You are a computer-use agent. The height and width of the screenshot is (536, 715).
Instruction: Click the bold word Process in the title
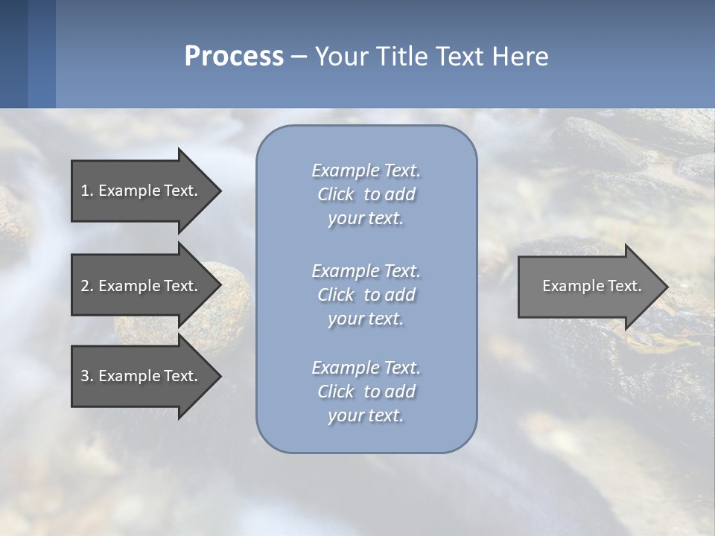[234, 57]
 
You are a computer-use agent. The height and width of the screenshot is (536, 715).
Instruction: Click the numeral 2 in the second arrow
[85, 286]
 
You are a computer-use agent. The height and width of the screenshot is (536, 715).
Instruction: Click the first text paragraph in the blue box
[366, 194]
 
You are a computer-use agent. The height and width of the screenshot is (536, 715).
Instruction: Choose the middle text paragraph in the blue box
[366, 294]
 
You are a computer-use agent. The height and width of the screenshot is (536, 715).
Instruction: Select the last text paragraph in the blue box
[366, 392]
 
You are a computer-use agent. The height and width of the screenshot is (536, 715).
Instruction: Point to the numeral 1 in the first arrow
[84, 191]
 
